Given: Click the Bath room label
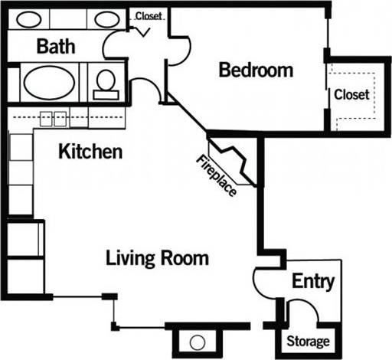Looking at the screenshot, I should coord(57,47).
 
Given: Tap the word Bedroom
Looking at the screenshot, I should coord(256,70).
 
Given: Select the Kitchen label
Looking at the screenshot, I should coord(90,152).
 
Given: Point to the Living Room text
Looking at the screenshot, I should coord(157,258).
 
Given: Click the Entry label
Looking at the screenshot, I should coord(314,282).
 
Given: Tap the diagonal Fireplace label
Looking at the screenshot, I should coord(217,175).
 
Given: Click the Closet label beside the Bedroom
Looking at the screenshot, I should coord(351,95).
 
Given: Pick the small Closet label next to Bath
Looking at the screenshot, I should coord(149,15).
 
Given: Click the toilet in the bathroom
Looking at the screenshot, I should coord(106,80).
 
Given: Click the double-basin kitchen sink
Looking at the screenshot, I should coord(53,118).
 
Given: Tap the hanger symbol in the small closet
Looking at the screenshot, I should coord(143,31).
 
